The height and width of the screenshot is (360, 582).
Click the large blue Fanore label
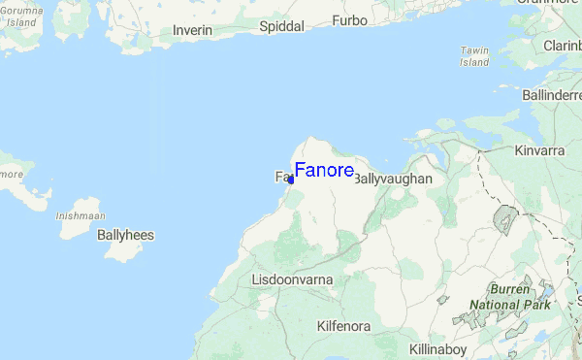pyautogui.click(x=324, y=171)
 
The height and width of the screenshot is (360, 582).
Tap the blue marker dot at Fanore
pyautogui.click(x=291, y=180)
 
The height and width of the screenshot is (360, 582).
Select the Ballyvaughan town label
pyautogui.click(x=392, y=180)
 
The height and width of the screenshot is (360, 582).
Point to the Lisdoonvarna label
pyautogui.click(x=292, y=279)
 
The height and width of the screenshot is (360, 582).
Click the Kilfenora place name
pyautogui.click(x=343, y=327)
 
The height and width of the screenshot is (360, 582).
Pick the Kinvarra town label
pyautogui.click(x=539, y=151)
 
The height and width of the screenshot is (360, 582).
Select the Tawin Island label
pyautogui.click(x=474, y=55)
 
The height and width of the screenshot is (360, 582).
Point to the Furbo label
pyautogui.click(x=350, y=20)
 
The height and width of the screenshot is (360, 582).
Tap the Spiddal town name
pyautogui.click(x=282, y=27)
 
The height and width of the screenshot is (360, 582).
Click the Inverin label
pyautogui.click(x=192, y=30)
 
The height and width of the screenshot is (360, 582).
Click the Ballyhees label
pyautogui.click(x=125, y=235)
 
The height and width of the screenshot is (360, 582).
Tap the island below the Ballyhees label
pyautogui.click(x=122, y=251)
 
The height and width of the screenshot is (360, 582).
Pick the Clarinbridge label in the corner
pyautogui.click(x=563, y=45)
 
